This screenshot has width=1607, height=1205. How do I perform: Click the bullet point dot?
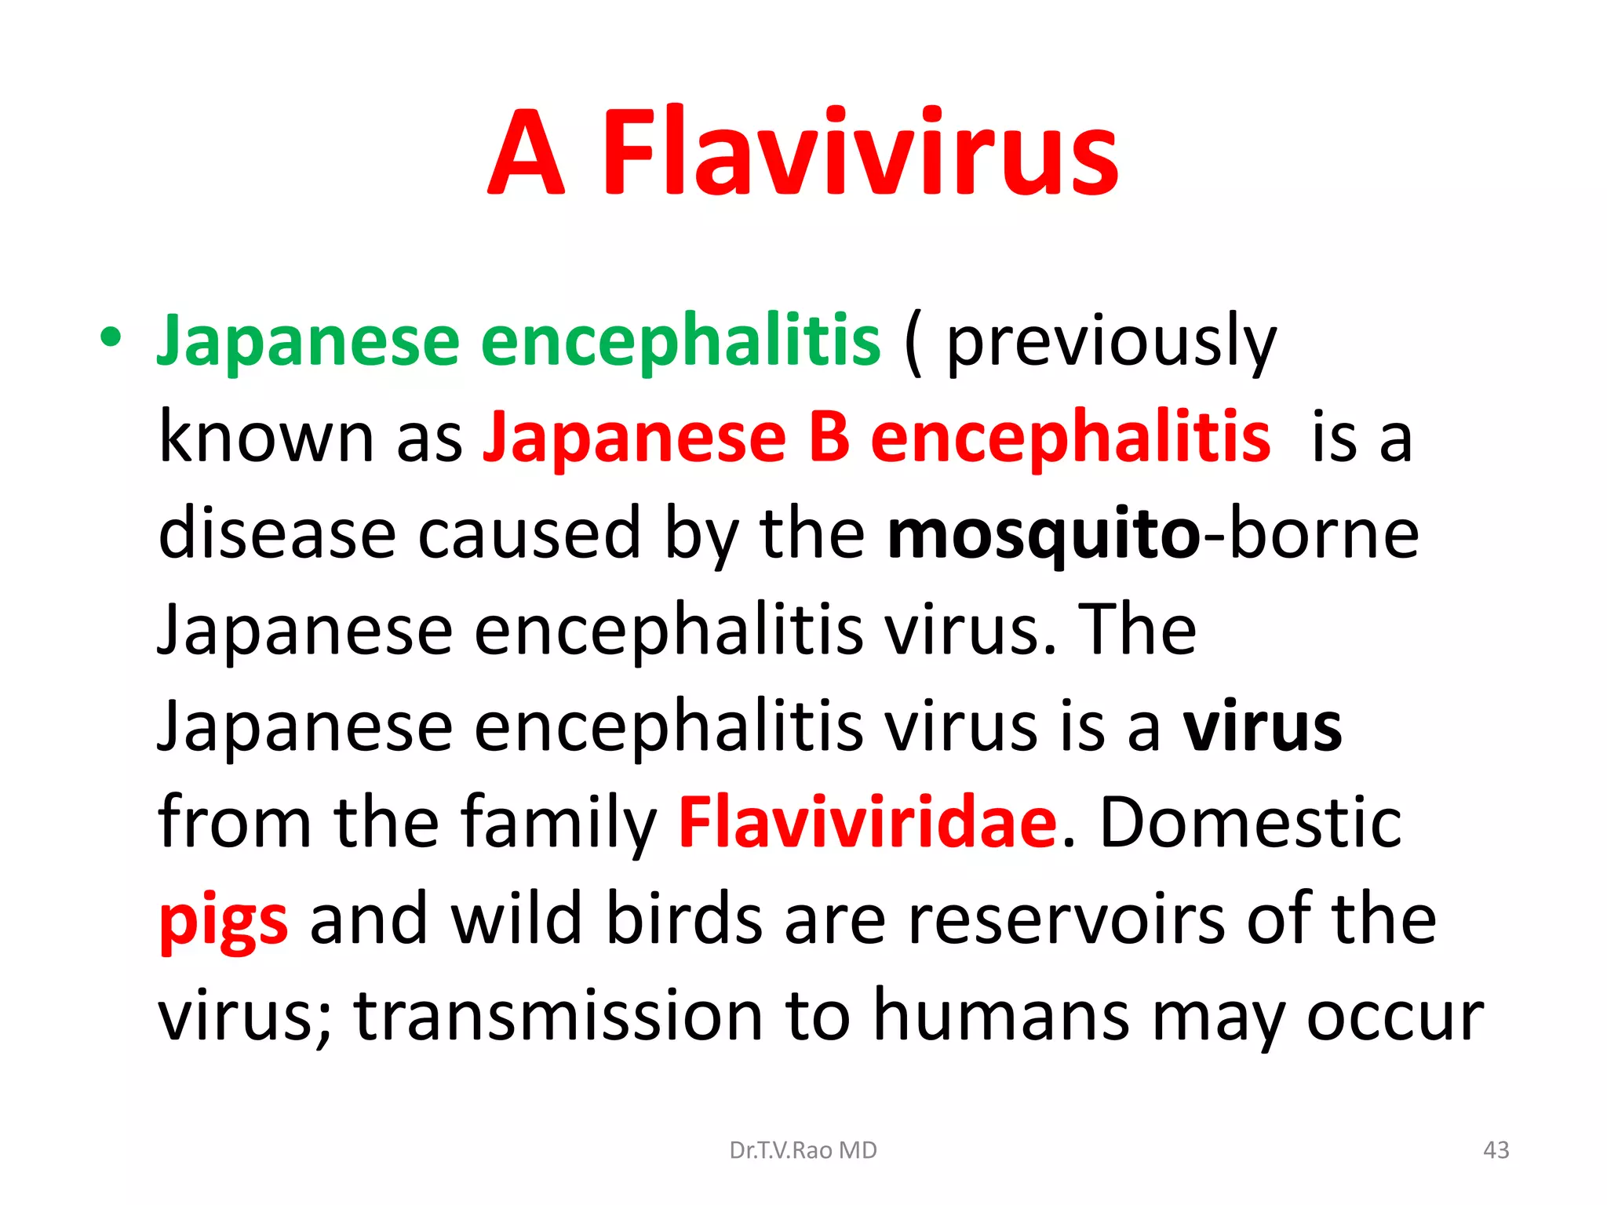(x=111, y=337)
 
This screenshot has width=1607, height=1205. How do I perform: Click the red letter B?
(x=829, y=438)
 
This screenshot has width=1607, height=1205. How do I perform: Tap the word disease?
(x=276, y=533)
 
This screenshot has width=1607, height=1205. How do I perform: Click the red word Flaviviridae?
(x=868, y=822)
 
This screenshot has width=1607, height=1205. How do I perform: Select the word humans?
(x=1001, y=1017)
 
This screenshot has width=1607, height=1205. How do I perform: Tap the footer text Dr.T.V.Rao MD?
(x=803, y=1150)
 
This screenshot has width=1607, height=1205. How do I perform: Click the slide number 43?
(x=1496, y=1150)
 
